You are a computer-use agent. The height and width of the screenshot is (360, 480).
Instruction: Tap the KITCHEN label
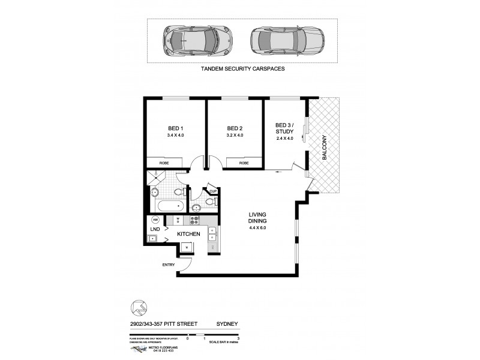(x=188, y=233)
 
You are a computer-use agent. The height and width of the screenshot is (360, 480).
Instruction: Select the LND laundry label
(x=154, y=229)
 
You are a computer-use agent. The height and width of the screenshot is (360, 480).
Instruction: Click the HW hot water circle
(x=155, y=219)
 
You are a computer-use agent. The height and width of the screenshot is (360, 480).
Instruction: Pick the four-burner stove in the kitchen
(x=193, y=220)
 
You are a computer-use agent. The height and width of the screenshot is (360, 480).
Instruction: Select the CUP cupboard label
(x=212, y=191)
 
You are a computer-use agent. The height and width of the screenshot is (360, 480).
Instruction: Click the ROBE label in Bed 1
(x=163, y=163)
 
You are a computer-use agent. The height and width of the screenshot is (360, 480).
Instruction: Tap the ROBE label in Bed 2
(x=244, y=163)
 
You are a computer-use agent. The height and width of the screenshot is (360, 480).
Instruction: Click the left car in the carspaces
(x=190, y=40)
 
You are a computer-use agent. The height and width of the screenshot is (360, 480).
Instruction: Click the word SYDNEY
(x=227, y=325)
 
